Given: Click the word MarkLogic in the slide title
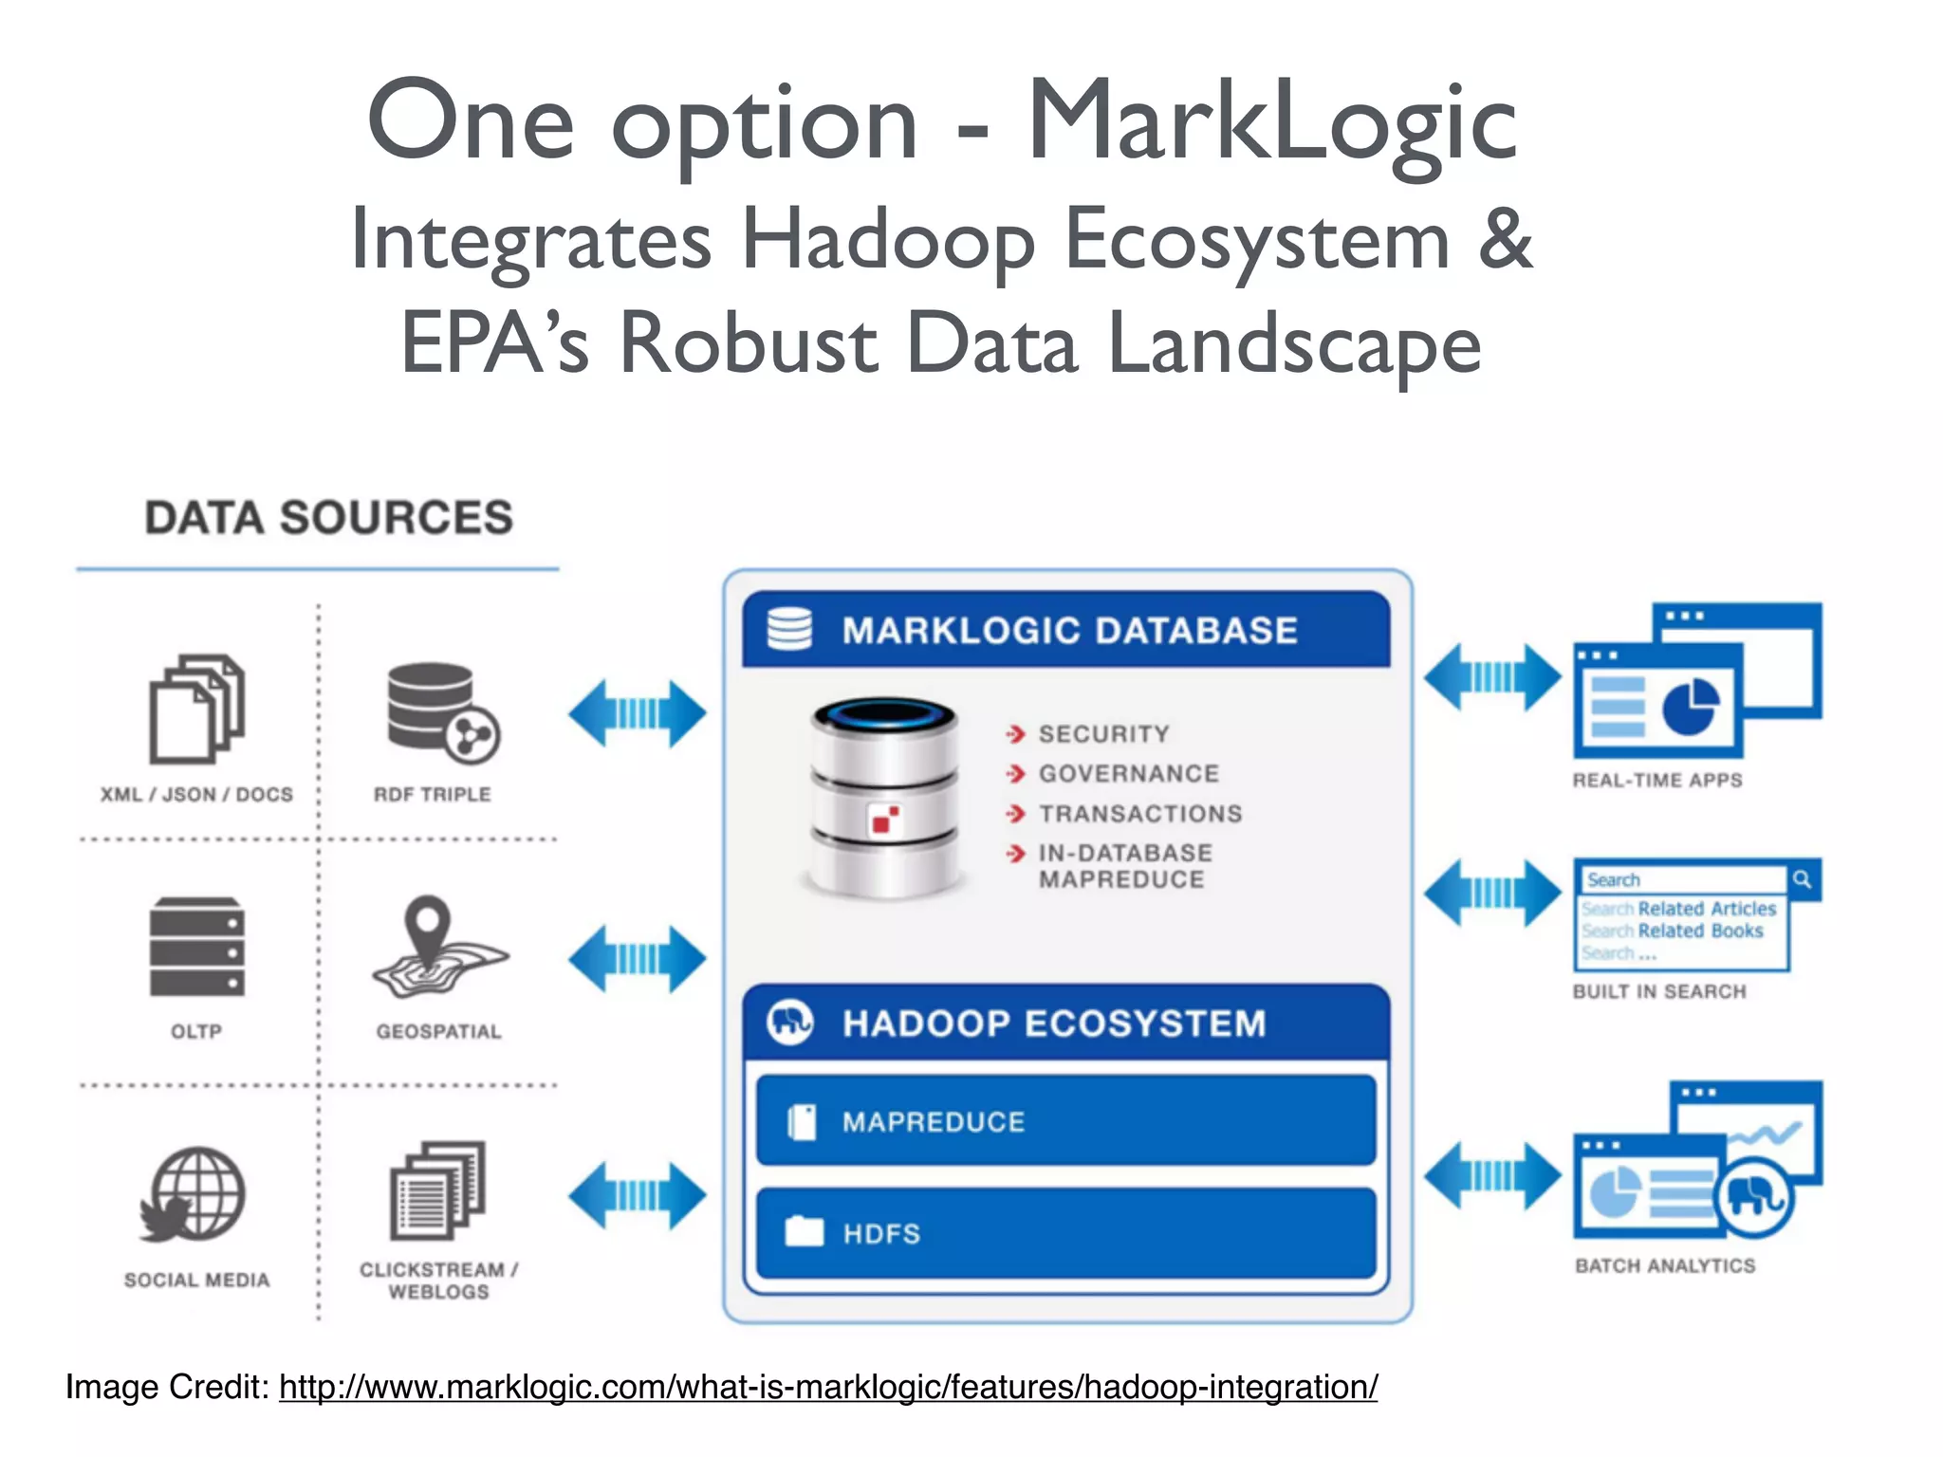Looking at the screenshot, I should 1271,123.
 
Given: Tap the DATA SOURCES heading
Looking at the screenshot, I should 328,518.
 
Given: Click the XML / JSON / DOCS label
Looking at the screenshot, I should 196,795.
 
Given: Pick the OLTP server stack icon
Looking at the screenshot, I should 197,947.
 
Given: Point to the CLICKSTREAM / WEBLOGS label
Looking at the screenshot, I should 438,1281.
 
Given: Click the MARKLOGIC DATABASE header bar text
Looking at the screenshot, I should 1069,631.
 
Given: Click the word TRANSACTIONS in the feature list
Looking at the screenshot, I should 1140,814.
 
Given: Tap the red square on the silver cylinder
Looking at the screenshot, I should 885,819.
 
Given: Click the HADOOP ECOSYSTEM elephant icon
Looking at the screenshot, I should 790,1023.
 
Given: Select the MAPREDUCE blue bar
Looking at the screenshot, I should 1065,1121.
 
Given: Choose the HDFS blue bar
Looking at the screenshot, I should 1065,1233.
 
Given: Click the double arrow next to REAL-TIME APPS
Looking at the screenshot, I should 1492,676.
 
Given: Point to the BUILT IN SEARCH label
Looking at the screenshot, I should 1659,992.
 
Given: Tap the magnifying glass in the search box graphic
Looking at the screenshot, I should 1802,879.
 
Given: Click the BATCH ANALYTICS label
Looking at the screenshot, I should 1665,1266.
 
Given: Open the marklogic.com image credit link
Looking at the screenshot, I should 827,1388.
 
